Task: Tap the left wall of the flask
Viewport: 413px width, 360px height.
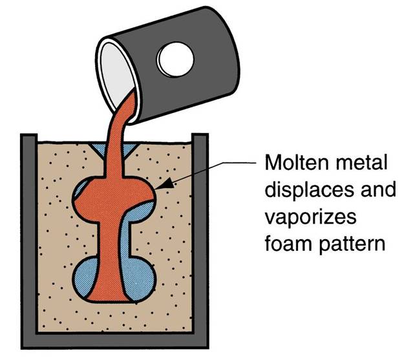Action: click(x=27, y=239)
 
